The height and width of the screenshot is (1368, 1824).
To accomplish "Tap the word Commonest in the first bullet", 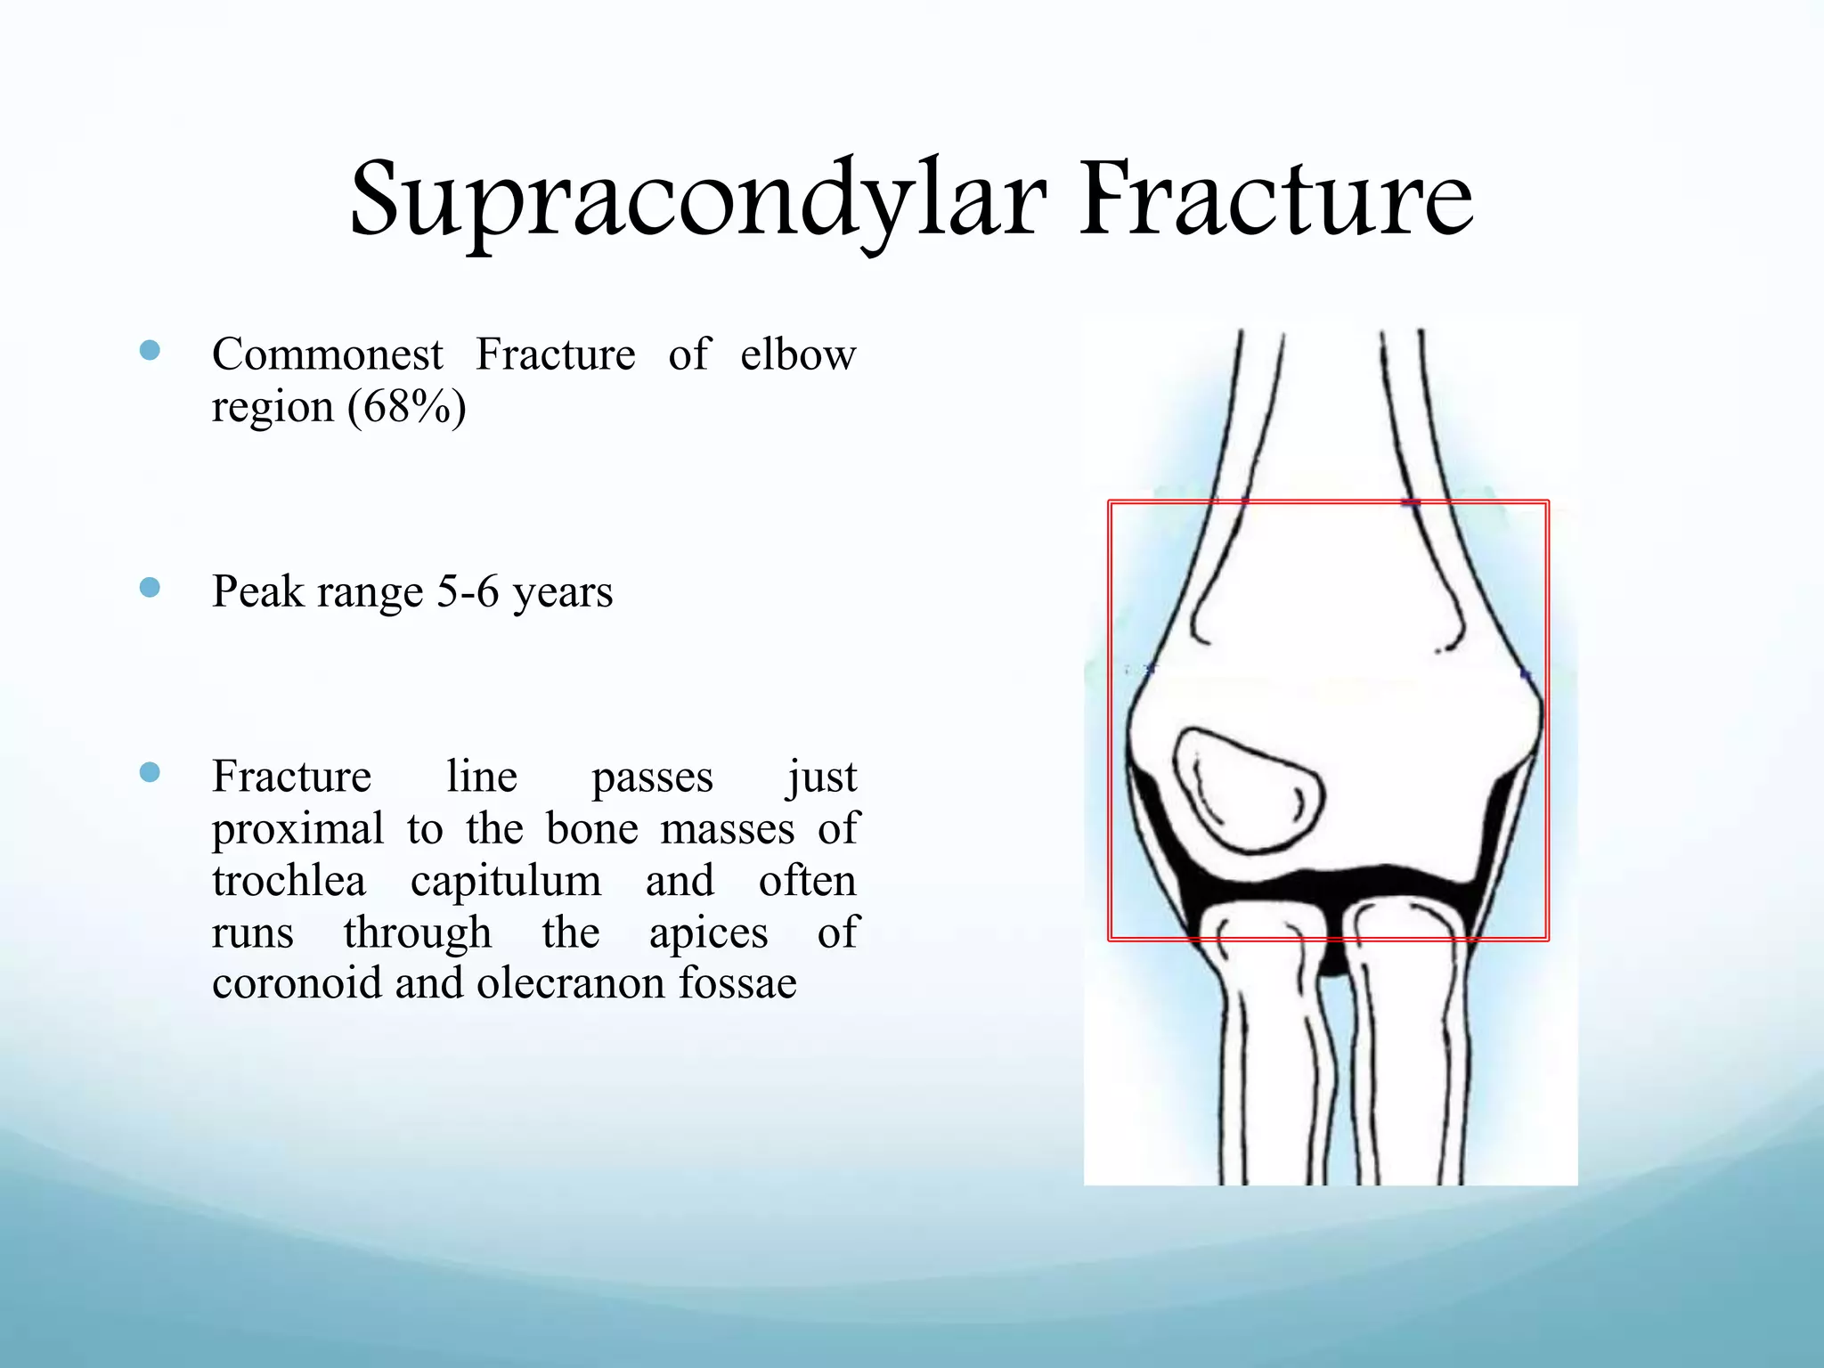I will pos(327,355).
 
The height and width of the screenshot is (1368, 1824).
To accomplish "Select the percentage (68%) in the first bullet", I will pos(406,408).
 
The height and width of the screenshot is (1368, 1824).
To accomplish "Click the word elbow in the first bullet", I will pos(797,355).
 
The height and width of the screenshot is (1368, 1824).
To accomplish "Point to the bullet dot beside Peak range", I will pos(150,588).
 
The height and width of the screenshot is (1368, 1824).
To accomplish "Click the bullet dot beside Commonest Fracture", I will pos(150,351).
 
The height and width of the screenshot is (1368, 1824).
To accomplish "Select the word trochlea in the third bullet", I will pos(289,882).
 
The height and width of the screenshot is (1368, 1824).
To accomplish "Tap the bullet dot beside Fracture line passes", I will pos(150,772).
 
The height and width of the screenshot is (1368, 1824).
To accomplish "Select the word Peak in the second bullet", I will pos(255,592).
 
